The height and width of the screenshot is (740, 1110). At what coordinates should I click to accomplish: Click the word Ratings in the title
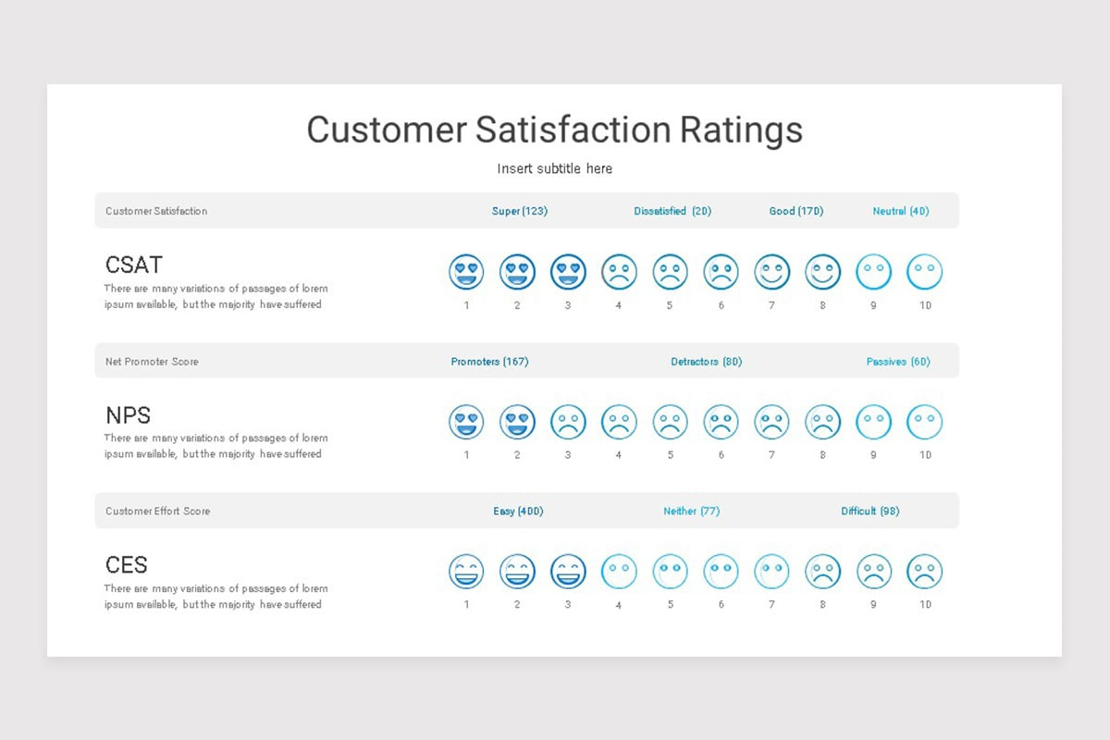click(x=741, y=129)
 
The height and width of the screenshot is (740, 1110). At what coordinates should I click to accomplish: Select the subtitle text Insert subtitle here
click(x=554, y=168)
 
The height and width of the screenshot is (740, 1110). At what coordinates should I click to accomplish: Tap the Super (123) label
click(x=519, y=211)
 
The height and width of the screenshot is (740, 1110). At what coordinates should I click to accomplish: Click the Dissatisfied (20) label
click(x=672, y=211)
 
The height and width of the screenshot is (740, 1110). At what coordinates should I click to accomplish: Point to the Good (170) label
click(x=795, y=211)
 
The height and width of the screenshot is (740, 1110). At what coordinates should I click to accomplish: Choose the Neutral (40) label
click(x=900, y=211)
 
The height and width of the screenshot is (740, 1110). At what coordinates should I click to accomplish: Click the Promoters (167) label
click(x=489, y=362)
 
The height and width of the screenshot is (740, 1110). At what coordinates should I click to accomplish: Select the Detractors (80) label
click(x=706, y=362)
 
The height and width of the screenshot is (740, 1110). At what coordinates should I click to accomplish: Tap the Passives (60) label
click(x=898, y=362)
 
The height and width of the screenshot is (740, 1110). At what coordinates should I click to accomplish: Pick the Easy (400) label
click(x=518, y=511)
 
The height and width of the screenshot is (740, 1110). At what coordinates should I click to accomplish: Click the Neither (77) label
click(x=691, y=511)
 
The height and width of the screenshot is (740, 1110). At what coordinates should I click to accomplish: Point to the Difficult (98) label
click(x=869, y=511)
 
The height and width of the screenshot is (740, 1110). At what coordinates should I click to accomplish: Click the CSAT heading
click(x=134, y=265)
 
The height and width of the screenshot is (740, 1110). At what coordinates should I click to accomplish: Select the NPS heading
click(x=128, y=415)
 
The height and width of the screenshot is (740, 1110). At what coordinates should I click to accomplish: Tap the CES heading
click(x=127, y=565)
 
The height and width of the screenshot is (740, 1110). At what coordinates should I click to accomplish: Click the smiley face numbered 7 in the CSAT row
click(x=771, y=272)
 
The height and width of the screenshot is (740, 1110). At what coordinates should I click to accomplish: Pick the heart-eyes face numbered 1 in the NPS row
click(x=466, y=423)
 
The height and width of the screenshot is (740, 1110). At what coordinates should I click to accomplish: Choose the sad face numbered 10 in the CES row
click(x=924, y=572)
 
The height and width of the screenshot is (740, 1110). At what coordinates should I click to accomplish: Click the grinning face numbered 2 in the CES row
click(x=517, y=572)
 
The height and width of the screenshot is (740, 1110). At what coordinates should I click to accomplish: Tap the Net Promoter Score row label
click(x=152, y=362)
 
